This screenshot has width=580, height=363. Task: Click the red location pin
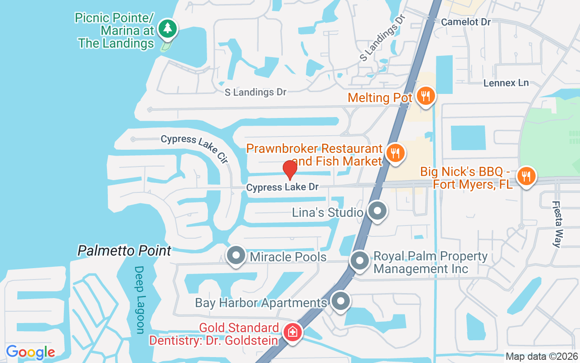[x=290, y=170]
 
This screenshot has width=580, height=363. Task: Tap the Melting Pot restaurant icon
[x=425, y=96]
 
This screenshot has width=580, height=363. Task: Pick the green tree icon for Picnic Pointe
[x=168, y=29]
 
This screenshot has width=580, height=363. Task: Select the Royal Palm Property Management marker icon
[x=360, y=261]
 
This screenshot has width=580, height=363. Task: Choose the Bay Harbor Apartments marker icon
[x=341, y=301]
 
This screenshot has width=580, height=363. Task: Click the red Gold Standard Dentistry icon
[x=293, y=332]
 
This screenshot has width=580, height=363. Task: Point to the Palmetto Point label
[x=125, y=250]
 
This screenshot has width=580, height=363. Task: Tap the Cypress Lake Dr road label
[x=282, y=187]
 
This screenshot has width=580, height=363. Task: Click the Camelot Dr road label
[x=466, y=22]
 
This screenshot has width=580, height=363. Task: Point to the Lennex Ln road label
[x=506, y=83]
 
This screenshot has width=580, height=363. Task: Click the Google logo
[x=30, y=352]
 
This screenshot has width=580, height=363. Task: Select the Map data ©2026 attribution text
[x=541, y=357]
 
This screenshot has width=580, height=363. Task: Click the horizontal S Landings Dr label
[x=256, y=92]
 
